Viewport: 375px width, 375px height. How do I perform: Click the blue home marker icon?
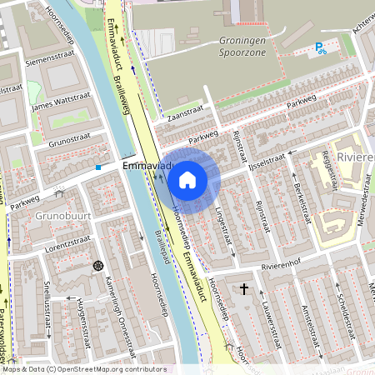187,179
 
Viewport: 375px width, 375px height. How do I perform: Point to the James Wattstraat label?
59,103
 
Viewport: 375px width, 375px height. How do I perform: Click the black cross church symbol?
244,289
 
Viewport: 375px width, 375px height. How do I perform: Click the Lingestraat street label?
224,219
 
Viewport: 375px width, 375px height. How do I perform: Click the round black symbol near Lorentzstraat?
98,266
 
